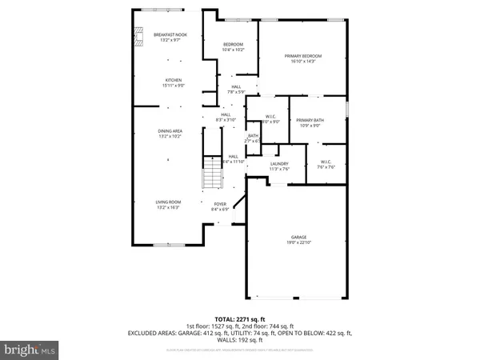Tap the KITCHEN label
tap(174, 80)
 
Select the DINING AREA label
tap(168, 130)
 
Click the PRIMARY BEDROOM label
tap(302, 55)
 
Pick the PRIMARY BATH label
tap(308, 120)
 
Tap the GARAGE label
tap(299, 237)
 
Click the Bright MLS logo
tap(30, 349)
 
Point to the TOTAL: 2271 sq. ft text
tap(239, 318)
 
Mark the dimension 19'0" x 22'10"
tap(299, 242)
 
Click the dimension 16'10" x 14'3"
tap(302, 61)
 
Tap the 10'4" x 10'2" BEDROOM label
tap(230, 47)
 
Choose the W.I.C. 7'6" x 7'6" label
tap(326, 163)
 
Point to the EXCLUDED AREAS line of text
tap(239, 332)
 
